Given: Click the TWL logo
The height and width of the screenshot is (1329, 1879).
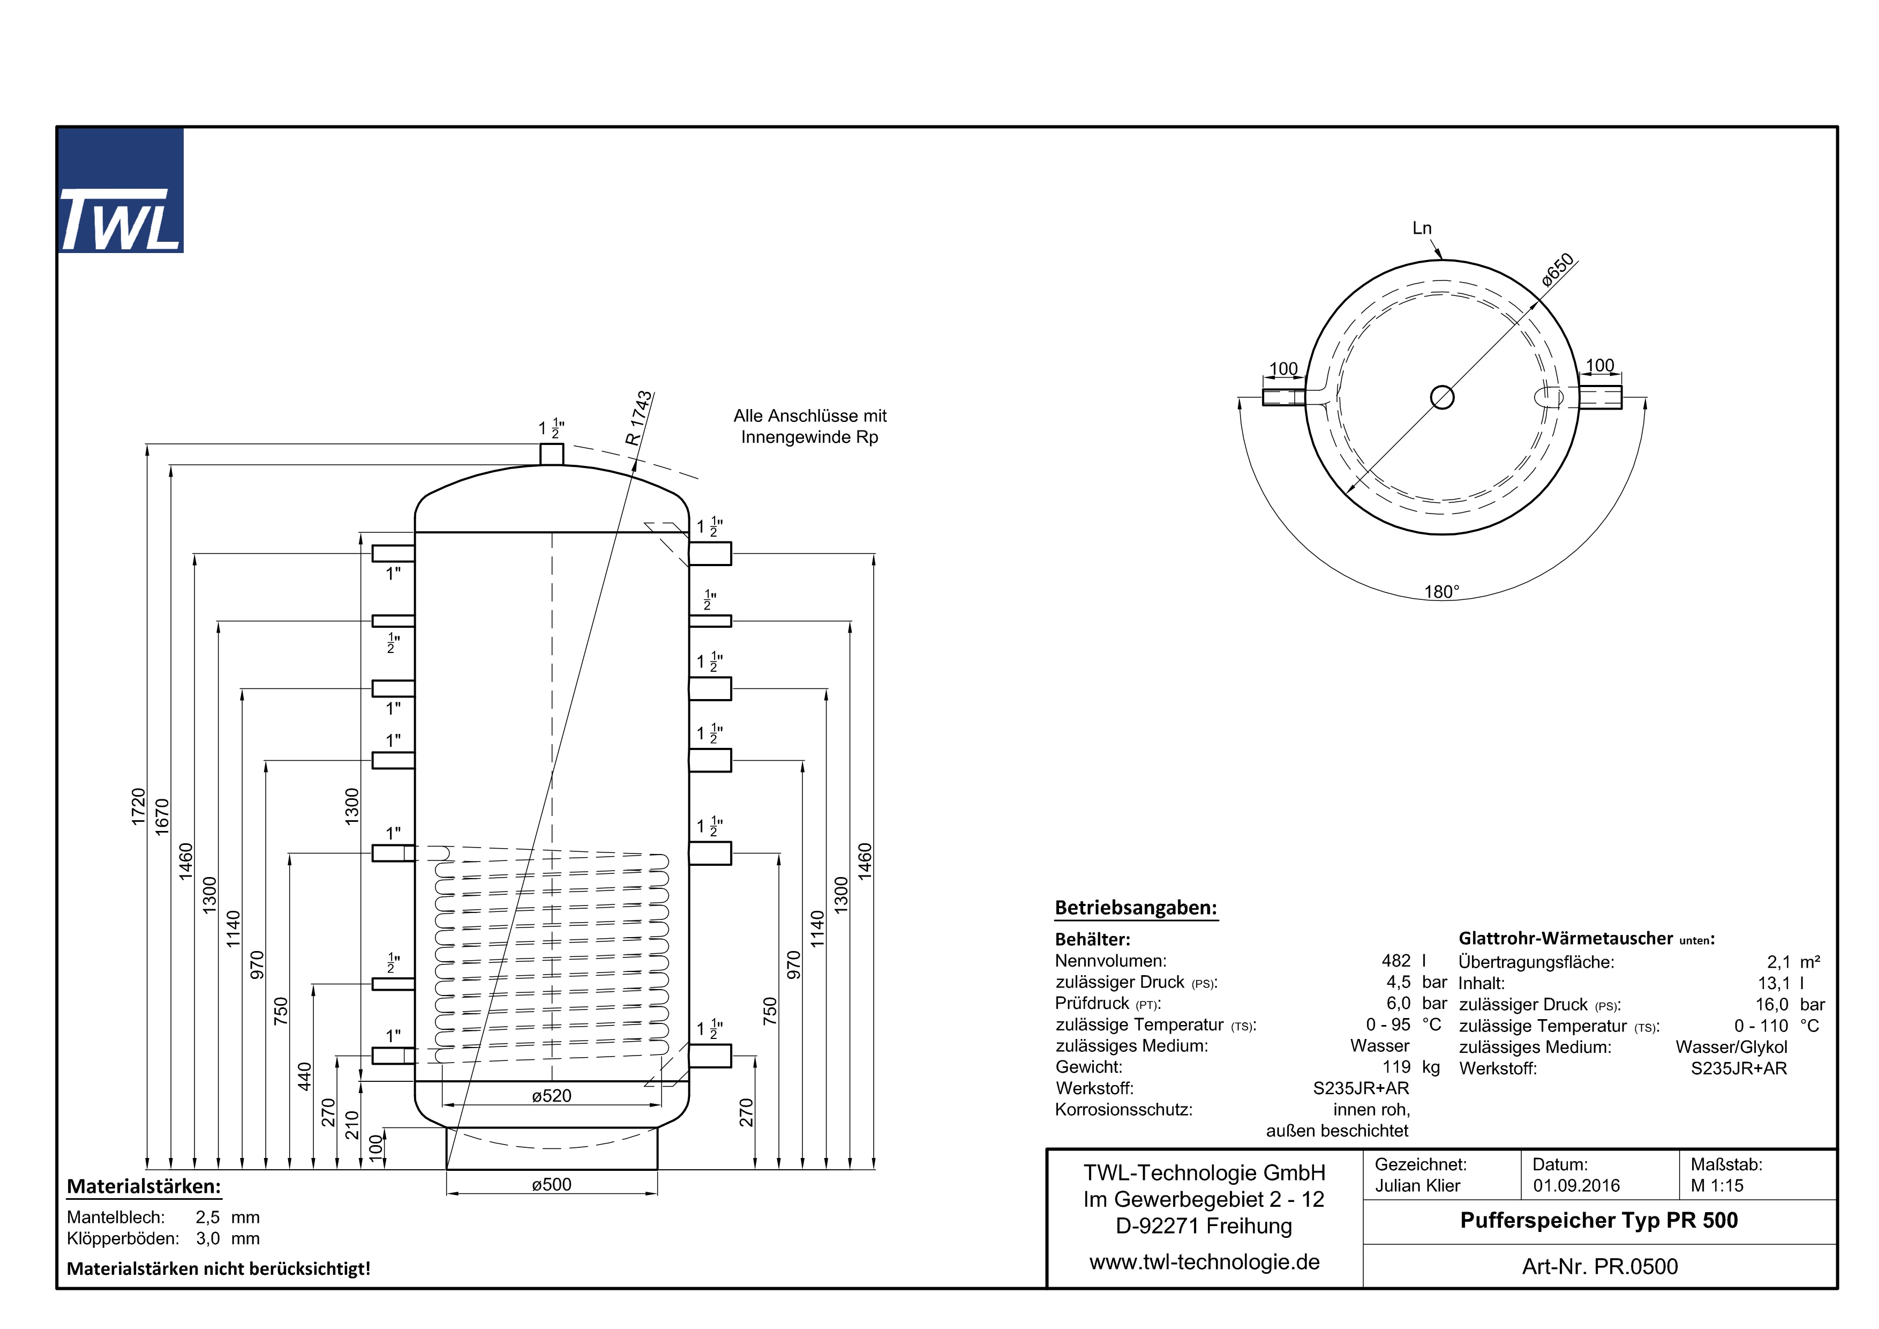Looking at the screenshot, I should pos(121,191).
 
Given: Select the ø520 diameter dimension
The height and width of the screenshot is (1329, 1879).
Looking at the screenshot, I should pos(552,1096).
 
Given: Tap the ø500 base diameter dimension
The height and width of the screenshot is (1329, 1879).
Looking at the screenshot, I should pos(552,1184).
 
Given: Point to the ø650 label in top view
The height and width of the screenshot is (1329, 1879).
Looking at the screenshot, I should pos(1558,270).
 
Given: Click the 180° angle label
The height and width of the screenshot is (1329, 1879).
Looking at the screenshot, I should pos(1441,591).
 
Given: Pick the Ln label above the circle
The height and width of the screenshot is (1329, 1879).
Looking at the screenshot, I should pos(1422,228).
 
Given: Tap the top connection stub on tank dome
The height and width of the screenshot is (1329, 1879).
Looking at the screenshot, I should pos(552,454).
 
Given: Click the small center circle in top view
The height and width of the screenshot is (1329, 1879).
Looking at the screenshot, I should pos(1442,397).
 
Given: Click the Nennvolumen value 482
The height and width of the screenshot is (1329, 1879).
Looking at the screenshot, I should pos(1396,961).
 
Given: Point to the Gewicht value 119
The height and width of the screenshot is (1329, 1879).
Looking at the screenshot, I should pos(1396,1067).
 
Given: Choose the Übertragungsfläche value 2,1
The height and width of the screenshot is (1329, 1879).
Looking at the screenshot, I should pos(1778,962).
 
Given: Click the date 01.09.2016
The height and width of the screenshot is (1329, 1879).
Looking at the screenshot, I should pos(1576,1186).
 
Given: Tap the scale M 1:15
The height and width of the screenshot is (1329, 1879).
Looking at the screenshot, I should pos(1717,1186).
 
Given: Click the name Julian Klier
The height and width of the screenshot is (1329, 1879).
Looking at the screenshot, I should pos(1417,1186).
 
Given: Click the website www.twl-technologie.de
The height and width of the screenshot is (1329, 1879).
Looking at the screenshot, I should pos(1204,1262).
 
